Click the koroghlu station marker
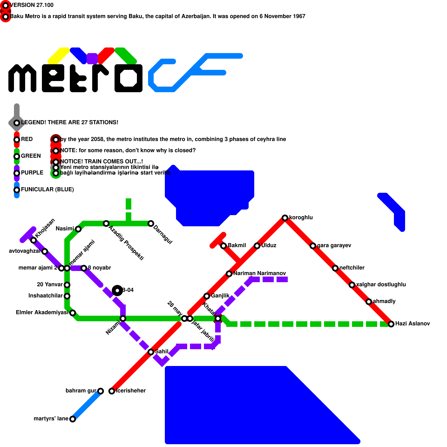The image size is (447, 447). coord(285,218)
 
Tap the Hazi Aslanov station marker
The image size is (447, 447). coord(391,324)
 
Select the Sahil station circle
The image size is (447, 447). coord(151,352)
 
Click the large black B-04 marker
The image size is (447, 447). coord(117,291)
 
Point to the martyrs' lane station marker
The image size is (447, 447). coord(73,419)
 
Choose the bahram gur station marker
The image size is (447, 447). coord(101,391)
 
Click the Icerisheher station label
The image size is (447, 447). coord(131,391)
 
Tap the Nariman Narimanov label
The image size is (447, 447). coord(260,273)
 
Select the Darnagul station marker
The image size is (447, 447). coord(151,223)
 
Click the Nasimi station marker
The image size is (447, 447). coord(78,229)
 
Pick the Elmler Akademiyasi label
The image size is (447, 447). coord(42,312)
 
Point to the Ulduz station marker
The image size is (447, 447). coord(257,246)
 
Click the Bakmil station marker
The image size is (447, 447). coord(223,246)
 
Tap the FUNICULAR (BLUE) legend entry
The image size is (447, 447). coord(47,189)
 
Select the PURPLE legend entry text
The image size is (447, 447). coord(32,173)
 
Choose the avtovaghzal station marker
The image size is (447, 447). coord(45,251)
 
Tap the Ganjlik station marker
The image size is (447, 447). coord(207,296)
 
